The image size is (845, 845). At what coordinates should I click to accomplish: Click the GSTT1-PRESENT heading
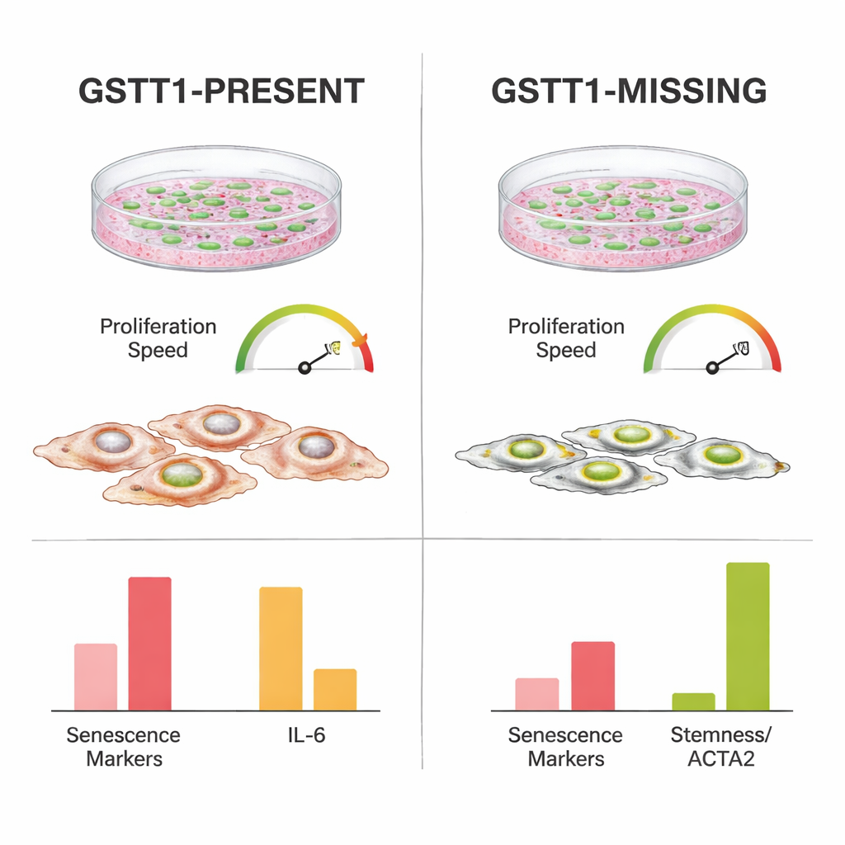(221, 91)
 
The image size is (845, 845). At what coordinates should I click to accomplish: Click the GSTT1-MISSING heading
(629, 91)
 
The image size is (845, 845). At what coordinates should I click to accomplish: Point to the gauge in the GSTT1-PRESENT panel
(304, 342)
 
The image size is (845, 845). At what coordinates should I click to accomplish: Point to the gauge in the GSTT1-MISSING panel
(712, 342)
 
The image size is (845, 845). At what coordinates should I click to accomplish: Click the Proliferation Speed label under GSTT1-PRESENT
(158, 338)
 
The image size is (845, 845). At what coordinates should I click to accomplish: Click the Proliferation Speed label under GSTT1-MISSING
(566, 338)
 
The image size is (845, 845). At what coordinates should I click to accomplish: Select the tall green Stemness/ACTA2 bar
(748, 636)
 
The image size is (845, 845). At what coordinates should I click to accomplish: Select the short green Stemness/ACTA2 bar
(693, 701)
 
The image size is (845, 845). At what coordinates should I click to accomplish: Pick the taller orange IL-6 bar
(281, 649)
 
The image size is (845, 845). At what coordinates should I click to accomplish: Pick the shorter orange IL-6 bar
(335, 689)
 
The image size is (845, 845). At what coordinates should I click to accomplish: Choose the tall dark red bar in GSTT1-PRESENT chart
(149, 644)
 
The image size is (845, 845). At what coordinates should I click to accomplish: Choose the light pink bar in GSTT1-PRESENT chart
(96, 677)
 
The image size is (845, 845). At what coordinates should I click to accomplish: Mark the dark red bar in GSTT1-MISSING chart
(592, 676)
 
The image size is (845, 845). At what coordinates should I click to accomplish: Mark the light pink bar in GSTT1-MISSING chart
(537, 694)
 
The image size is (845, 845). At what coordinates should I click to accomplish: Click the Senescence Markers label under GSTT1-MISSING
(565, 746)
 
